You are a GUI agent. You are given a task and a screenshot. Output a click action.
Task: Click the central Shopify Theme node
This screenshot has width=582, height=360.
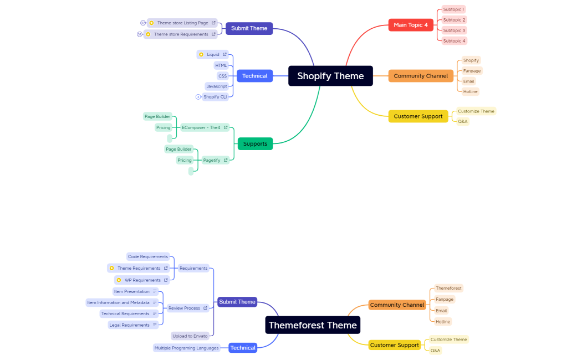click(330, 76)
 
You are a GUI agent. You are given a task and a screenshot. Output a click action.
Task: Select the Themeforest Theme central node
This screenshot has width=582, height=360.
click(313, 325)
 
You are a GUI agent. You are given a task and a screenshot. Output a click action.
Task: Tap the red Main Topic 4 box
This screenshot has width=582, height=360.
click(410, 25)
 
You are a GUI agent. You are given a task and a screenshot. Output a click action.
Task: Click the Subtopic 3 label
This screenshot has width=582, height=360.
click(454, 30)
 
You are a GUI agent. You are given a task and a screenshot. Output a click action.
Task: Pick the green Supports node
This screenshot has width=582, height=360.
click(255, 143)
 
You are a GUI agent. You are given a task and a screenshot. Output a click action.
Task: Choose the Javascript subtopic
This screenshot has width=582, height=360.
click(216, 86)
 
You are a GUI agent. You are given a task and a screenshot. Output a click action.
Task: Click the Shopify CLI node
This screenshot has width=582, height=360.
click(215, 97)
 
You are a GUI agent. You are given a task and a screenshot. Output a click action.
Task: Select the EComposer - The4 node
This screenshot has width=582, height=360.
click(201, 127)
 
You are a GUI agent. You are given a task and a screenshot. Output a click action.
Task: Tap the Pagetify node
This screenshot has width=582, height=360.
click(212, 160)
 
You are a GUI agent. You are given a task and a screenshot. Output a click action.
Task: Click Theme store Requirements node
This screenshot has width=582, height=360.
click(181, 34)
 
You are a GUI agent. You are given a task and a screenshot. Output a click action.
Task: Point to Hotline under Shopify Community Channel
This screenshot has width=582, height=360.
click(470, 91)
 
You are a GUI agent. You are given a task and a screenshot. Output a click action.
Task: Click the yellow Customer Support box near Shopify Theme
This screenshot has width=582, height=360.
click(418, 116)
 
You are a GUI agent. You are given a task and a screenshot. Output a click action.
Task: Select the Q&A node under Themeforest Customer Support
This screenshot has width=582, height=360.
click(435, 350)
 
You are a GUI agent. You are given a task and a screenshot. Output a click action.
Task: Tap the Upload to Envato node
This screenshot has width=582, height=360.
click(190, 336)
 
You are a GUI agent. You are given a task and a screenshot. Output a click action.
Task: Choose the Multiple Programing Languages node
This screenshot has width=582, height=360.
click(186, 348)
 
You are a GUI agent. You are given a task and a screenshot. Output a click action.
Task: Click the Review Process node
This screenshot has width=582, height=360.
click(184, 308)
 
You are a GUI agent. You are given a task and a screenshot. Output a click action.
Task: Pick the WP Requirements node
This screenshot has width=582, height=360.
click(142, 280)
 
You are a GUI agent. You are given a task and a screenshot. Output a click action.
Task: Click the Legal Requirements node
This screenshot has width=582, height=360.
click(129, 325)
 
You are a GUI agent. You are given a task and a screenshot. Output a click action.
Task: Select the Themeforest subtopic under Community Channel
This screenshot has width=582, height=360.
click(448, 288)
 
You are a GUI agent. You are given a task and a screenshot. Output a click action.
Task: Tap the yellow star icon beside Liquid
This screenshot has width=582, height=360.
click(201, 54)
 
